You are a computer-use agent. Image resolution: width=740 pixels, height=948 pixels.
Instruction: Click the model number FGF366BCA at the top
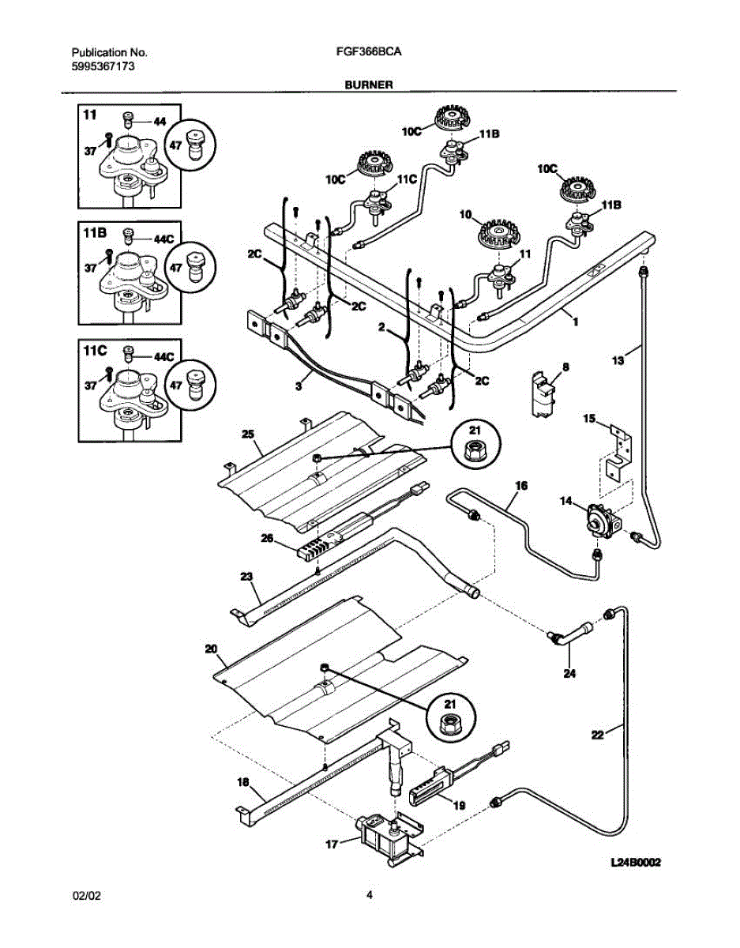click(368, 53)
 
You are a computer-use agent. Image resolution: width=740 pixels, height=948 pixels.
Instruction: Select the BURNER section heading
click(368, 83)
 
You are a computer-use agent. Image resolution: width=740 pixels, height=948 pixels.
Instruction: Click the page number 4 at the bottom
click(369, 895)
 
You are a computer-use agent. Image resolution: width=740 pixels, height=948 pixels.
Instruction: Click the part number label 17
click(332, 844)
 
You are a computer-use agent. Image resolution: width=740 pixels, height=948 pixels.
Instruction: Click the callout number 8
click(565, 367)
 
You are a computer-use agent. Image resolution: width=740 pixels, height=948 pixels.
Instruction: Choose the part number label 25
click(247, 435)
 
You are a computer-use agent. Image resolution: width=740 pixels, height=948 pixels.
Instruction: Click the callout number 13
click(618, 360)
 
